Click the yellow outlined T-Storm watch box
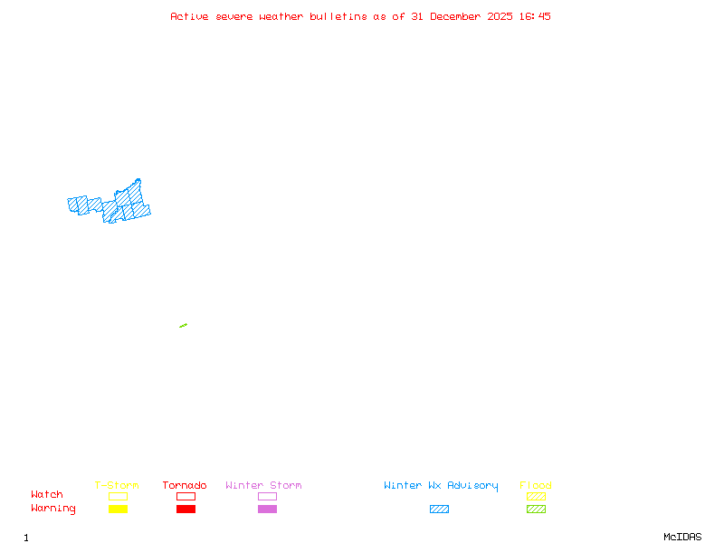tap(118, 496)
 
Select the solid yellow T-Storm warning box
tap(118, 509)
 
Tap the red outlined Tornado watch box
tap(186, 496)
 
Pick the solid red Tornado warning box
tap(186, 509)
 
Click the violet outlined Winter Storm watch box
tap(267, 496)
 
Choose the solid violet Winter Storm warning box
tap(267, 509)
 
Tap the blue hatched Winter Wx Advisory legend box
tap(439, 509)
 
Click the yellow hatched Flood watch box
tap(536, 496)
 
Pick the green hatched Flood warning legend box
tap(536, 509)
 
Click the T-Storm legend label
tap(117, 485)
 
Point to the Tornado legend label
tap(185, 485)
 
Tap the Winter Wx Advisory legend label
tap(441, 485)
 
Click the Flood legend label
tap(536, 485)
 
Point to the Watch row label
tap(47, 495)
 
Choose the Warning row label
tap(53, 509)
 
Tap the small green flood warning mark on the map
tap(183, 326)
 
